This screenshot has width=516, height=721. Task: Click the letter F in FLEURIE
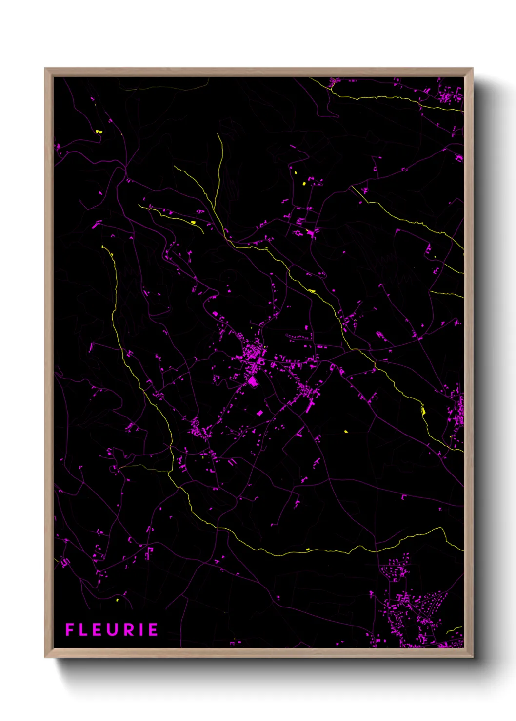(69, 630)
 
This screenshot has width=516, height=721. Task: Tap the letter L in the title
(83, 630)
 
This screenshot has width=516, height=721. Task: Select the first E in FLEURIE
(97, 630)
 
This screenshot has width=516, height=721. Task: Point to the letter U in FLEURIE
(112, 630)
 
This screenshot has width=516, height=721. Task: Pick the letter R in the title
(128, 630)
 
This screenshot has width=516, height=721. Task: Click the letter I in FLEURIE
(140, 630)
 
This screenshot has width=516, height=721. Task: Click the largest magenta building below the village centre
(252, 381)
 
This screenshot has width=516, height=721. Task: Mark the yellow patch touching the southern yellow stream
(307, 550)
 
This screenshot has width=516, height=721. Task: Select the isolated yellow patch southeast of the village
(346, 431)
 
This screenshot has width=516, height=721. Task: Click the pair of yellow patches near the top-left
(99, 131)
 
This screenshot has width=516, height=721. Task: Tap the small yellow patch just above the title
(117, 600)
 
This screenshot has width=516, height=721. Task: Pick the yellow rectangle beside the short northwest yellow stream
(193, 222)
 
